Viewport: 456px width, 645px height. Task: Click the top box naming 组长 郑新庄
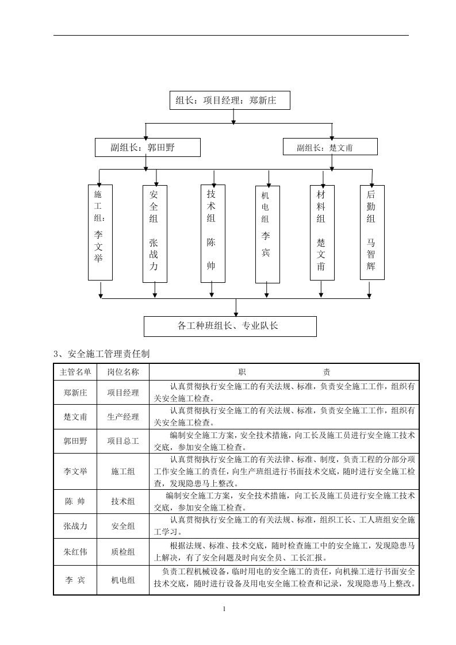229,100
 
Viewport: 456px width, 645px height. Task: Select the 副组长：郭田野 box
147,147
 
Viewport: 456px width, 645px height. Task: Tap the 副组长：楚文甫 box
330,147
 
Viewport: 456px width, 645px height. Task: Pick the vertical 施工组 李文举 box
100,232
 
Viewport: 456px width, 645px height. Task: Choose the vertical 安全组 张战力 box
155,234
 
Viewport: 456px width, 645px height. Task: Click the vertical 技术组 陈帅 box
212,233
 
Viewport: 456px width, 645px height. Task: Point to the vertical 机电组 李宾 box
267,234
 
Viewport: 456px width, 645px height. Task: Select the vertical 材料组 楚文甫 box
322,233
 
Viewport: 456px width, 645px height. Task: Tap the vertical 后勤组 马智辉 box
371,232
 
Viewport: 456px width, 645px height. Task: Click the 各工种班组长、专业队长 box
229,326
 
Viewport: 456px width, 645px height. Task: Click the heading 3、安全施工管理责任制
101,353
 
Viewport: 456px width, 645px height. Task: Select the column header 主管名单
75,371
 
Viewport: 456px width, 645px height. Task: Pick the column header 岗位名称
123,371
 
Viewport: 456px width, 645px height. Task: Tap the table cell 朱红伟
75,552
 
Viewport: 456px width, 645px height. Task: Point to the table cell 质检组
123,552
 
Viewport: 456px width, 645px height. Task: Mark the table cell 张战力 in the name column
75,525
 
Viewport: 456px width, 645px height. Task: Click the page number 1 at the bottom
224,609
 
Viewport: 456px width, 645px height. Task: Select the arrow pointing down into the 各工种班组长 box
236,311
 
